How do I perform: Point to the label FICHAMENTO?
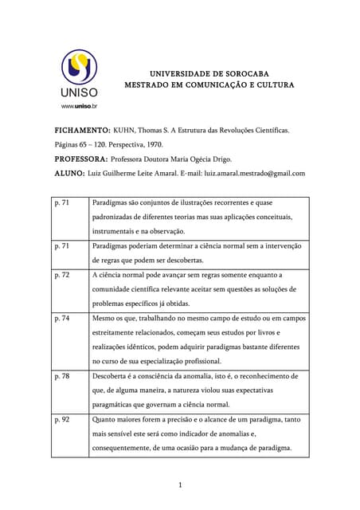(x=82, y=129)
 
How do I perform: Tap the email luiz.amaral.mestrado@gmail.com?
(x=255, y=173)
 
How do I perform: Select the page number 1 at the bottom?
(x=181, y=484)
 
